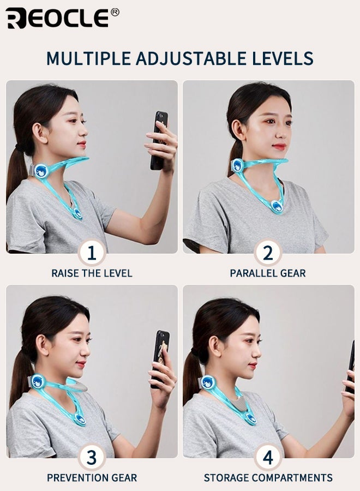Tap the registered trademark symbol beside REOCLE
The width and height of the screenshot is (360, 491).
click(115, 12)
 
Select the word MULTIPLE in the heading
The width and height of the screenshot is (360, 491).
click(88, 58)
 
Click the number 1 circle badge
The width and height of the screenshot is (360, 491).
click(92, 253)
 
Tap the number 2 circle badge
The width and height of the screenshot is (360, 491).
click(268, 253)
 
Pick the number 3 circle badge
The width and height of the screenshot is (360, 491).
click(92, 458)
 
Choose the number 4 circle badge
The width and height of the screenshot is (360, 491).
click(268, 458)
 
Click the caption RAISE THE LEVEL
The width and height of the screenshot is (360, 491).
click(92, 273)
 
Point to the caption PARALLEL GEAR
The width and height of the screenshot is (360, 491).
click(268, 273)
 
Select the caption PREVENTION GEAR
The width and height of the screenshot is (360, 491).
click(92, 478)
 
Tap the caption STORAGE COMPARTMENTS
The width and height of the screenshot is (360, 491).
click(268, 478)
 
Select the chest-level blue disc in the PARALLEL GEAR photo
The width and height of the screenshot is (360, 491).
click(277, 206)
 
